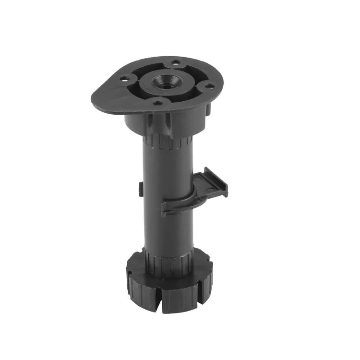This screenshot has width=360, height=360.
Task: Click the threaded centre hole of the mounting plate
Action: [164, 83]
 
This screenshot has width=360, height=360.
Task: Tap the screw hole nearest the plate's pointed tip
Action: [124, 78]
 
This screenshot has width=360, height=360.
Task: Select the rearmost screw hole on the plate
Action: [176, 62]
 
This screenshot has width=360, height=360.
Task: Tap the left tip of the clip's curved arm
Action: [164, 209]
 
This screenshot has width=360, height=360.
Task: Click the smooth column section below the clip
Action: [168, 230]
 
